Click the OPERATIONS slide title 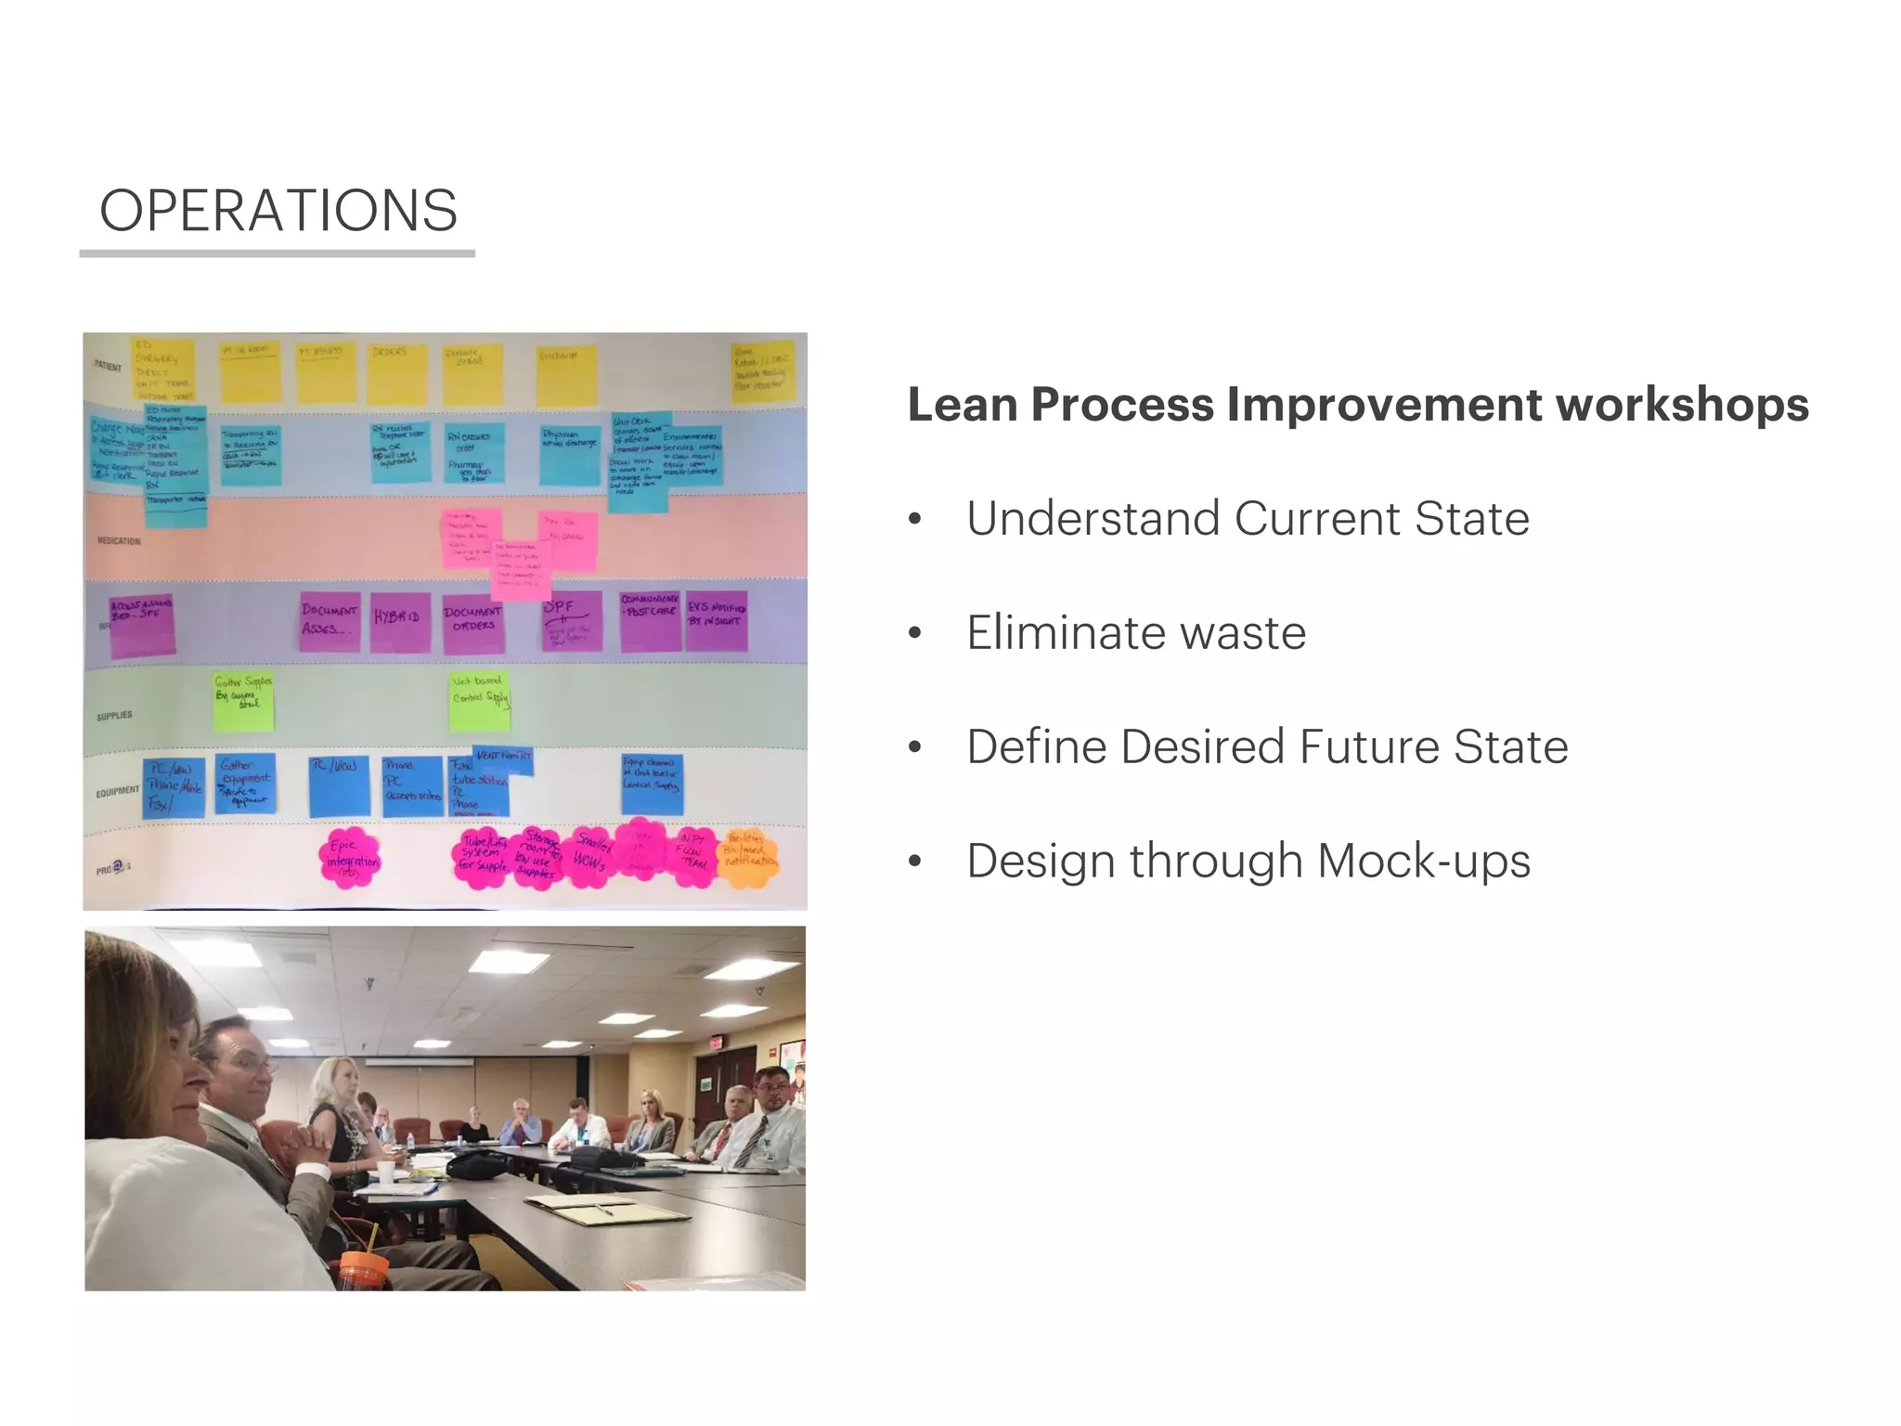pos(278,211)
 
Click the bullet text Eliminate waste pos(1135,633)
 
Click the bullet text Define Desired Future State pos(1266,747)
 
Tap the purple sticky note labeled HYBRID pos(399,620)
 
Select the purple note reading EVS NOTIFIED pos(716,619)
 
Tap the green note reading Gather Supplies pos(243,700)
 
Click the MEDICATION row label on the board pos(119,540)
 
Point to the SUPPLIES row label pos(114,716)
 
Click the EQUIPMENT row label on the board pos(117,792)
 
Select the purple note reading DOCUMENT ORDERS pos(472,621)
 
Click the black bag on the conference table pos(475,1163)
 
